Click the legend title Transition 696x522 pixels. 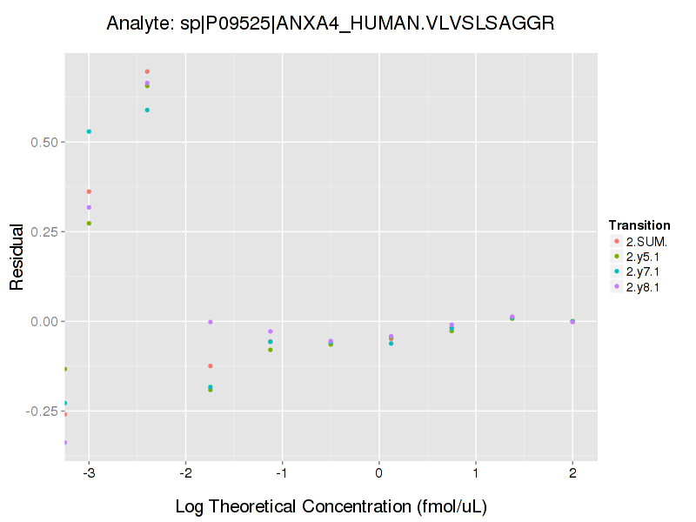[639, 225]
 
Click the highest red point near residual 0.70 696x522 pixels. [147, 71]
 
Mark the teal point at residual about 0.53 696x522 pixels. [89, 131]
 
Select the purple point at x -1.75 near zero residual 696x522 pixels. [210, 322]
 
